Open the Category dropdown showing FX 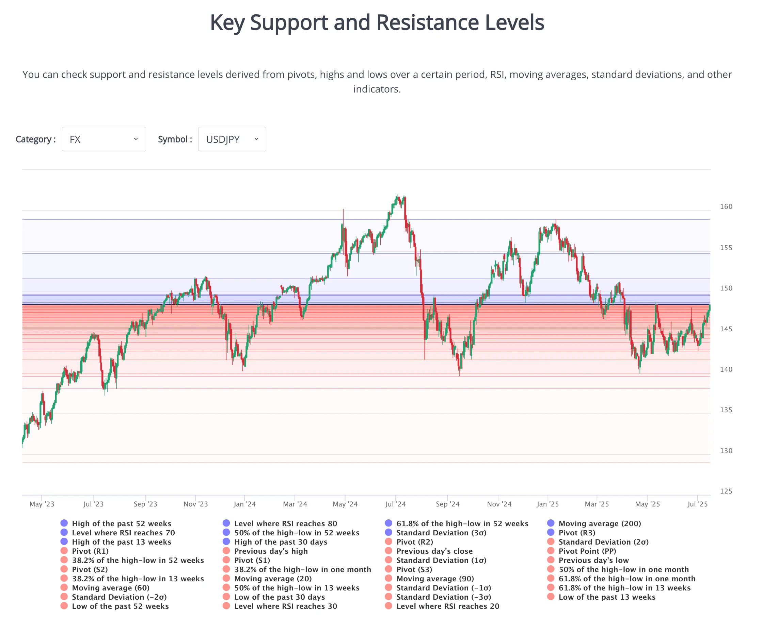[x=104, y=139]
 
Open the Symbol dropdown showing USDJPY [x=232, y=139]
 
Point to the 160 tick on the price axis [x=726, y=206]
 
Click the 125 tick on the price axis [x=726, y=491]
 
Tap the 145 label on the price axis [x=726, y=329]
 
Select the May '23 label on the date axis [x=42, y=504]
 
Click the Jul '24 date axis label [x=395, y=504]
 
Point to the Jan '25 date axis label [x=547, y=504]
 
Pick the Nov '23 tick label [x=196, y=504]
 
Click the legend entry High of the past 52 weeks [x=121, y=523]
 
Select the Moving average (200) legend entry [x=600, y=523]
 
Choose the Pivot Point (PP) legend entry [x=587, y=551]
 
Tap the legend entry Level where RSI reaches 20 [x=447, y=606]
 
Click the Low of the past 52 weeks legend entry [x=120, y=606]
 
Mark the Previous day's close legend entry [x=434, y=551]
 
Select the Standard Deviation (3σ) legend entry [x=441, y=533]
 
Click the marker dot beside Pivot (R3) [x=551, y=532]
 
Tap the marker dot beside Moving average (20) [x=226, y=579]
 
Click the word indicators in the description [x=377, y=89]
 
